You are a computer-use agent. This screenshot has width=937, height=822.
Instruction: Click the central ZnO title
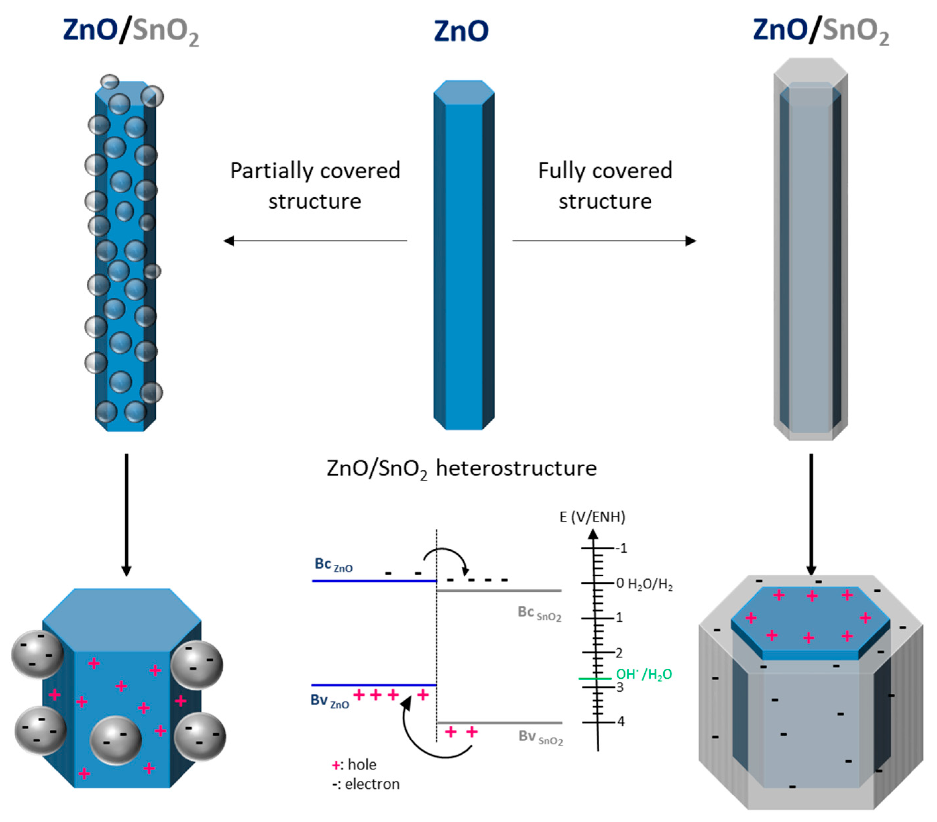[x=461, y=31]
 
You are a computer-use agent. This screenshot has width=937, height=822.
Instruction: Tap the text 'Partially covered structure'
[x=315, y=186]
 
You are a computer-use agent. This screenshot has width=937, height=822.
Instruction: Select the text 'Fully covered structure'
[x=605, y=186]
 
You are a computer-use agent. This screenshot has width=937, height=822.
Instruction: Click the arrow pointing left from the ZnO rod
[x=315, y=240]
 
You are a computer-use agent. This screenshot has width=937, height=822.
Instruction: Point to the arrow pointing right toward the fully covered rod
[x=604, y=240]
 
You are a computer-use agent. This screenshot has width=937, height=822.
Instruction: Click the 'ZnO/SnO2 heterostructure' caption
[x=461, y=468]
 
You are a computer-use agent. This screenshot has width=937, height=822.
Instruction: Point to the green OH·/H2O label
[x=644, y=674]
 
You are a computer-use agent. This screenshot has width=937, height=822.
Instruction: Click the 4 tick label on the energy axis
[x=621, y=721]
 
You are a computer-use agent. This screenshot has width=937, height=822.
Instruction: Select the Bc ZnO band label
[x=333, y=565]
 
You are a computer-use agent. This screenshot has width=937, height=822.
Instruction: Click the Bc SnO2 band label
[x=539, y=613]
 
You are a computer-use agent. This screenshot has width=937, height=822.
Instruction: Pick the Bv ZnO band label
[x=330, y=701]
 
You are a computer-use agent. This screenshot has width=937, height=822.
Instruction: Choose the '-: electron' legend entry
[x=365, y=784]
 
